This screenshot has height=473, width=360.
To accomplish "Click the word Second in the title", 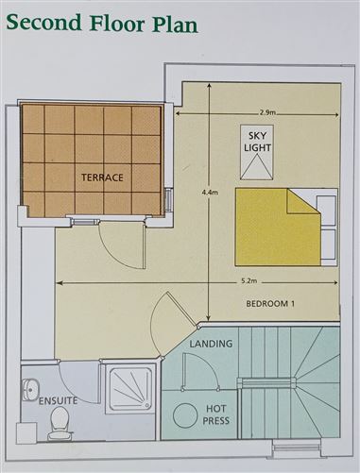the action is point(43,22).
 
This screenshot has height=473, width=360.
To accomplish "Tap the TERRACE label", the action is point(102,177).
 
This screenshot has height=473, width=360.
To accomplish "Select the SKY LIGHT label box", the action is point(257,152).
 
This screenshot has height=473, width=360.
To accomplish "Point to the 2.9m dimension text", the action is point(267,113).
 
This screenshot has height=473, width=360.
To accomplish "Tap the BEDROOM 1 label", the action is point(271,304).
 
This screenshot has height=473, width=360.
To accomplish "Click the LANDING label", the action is point(211,344).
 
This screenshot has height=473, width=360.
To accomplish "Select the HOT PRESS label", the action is point(216,414).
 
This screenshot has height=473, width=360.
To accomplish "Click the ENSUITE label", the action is point(58,401).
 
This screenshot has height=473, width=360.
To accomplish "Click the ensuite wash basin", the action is point(30,390).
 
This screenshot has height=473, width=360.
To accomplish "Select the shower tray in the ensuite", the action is point(129,390).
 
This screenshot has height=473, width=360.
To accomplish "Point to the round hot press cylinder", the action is point(186,414).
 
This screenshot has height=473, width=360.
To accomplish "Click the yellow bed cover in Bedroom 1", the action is point(278,227).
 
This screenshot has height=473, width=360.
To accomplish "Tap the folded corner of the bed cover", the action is point(303,201).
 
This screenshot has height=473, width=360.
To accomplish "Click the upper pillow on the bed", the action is point(326,211).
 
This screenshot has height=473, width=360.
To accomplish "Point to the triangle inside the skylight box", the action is point(257,166).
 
